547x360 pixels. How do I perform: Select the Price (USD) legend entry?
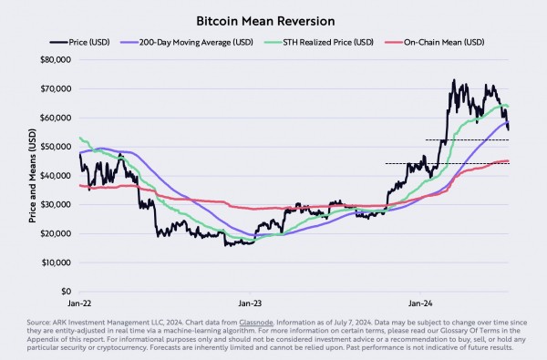click(86, 41)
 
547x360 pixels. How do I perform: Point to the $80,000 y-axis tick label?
click(56, 60)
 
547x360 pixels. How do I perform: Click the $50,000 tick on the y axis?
click(56, 147)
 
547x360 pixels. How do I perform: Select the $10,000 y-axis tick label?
click(56, 262)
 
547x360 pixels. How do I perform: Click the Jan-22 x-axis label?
click(79, 300)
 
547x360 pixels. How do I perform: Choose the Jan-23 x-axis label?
click(250, 300)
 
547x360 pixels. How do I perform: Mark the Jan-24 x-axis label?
click(420, 300)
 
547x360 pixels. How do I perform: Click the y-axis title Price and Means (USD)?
click(34, 176)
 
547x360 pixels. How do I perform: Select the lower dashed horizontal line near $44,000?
click(438, 163)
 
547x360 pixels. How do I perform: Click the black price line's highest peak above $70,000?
click(454, 80)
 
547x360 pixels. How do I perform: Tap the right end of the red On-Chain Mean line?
click(509, 161)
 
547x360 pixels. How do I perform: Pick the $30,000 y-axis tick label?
click(56, 205)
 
